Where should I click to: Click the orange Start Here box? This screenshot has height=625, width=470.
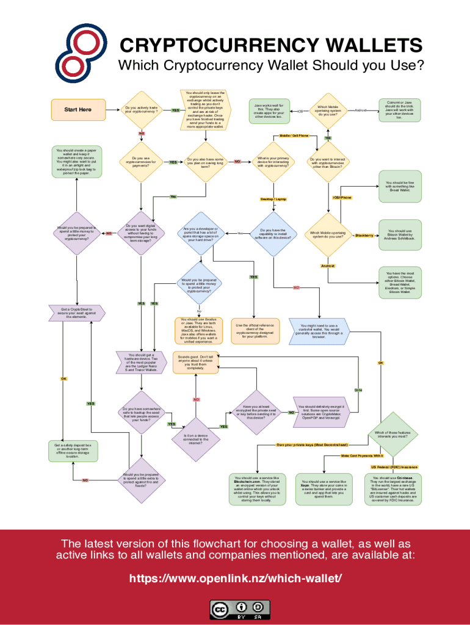(78, 110)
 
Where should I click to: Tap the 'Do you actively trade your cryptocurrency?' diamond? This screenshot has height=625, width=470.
(141, 110)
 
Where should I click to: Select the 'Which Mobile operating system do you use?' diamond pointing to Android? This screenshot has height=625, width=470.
(328, 110)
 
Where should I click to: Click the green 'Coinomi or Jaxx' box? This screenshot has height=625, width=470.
(399, 110)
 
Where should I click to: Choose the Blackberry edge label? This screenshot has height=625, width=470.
(364, 235)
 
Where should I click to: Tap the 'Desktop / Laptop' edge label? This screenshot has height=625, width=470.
(273, 199)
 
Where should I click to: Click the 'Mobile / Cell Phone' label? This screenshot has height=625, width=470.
(294, 135)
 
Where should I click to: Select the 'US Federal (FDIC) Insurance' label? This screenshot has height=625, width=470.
(394, 467)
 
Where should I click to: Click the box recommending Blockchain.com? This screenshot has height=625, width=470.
(257, 488)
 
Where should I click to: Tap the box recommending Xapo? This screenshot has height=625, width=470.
(324, 488)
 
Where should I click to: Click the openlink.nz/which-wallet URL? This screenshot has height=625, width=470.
(235, 578)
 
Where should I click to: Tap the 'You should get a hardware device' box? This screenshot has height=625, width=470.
(141, 363)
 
